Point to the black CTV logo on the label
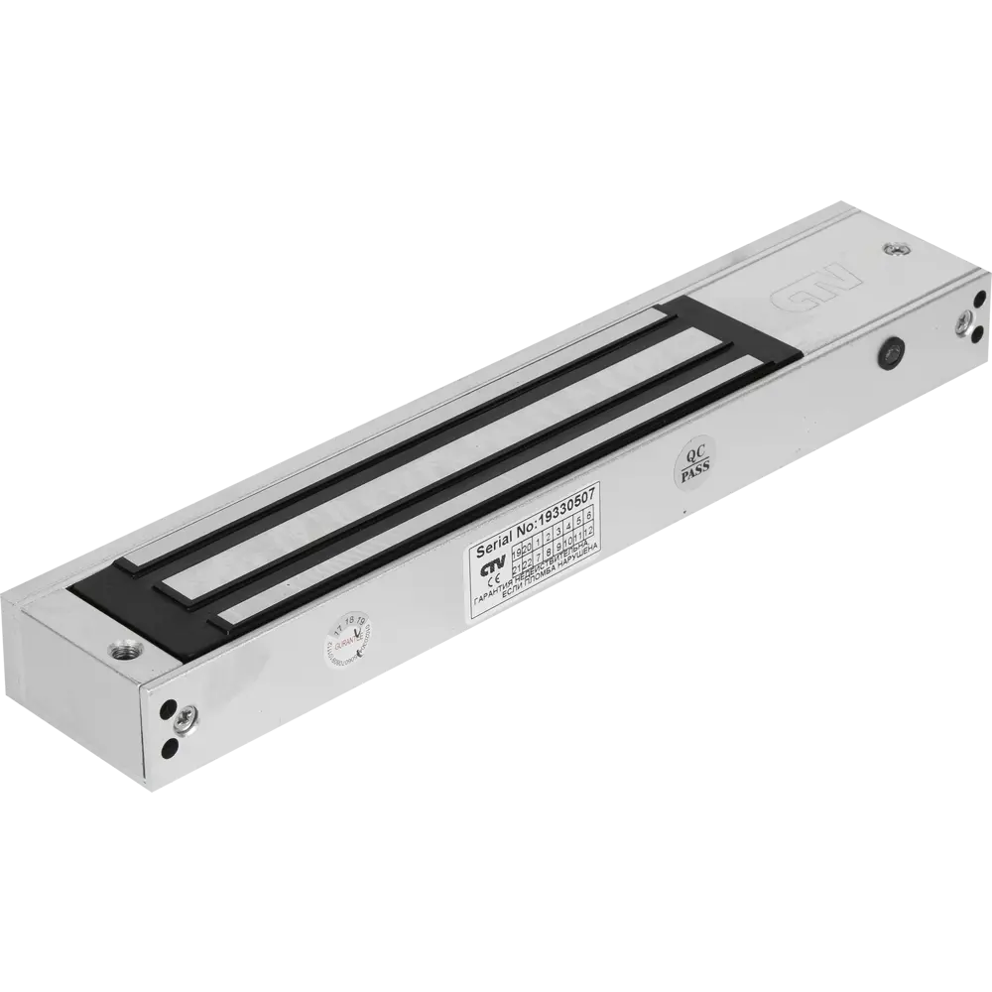point(491,572)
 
